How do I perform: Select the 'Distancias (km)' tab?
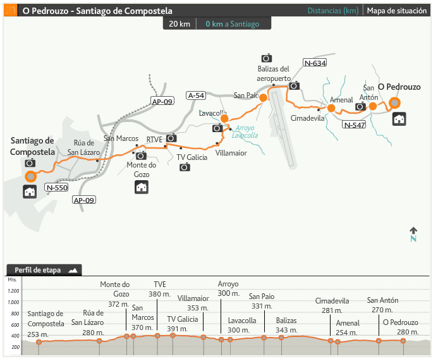[332, 11]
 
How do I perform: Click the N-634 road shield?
[315, 63]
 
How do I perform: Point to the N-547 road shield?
[355, 125]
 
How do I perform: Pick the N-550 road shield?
[57, 187]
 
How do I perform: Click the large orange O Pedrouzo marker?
[395, 102]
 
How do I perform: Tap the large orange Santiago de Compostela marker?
[30, 176]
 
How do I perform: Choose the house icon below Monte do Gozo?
[142, 187]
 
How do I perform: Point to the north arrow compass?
[413, 234]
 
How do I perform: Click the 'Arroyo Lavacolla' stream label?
[245, 131]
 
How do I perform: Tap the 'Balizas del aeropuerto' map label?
[273, 73]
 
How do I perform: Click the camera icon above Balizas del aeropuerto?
[266, 58]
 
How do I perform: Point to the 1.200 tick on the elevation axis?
[13, 291]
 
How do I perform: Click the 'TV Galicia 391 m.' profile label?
[183, 323]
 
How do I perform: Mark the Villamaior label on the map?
[231, 152]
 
